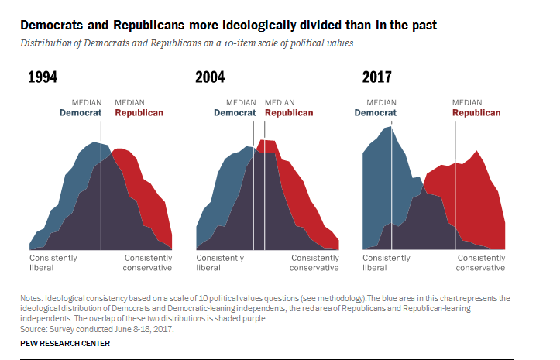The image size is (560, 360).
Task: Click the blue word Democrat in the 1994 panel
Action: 81,113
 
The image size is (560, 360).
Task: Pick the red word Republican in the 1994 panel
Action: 139,113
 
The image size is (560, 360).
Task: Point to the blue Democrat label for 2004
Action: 235,113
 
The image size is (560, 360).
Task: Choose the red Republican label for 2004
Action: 289,113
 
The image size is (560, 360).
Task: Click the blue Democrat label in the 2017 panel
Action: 376,113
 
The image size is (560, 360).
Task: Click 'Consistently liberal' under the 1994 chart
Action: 53,262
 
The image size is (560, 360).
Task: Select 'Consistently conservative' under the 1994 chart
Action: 147,262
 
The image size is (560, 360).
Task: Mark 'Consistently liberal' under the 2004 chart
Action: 220,262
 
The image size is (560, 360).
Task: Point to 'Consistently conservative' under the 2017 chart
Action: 480,262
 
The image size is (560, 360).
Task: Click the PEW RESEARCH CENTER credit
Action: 65,343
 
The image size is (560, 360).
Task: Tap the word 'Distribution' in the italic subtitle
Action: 45,43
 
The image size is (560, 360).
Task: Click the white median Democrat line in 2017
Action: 392,194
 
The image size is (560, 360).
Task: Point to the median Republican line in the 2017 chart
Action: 455,194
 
